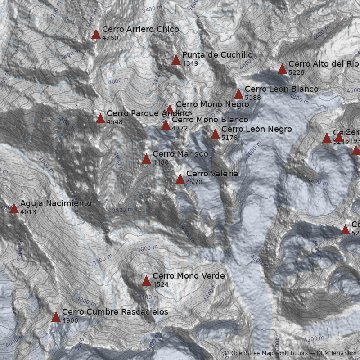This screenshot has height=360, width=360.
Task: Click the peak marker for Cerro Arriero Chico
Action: (96, 35)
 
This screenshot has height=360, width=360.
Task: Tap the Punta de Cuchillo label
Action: (217, 55)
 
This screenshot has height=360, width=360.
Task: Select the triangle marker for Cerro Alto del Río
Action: (282, 69)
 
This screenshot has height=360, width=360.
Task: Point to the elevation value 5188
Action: (252, 98)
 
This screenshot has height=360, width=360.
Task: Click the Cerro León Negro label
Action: (256, 129)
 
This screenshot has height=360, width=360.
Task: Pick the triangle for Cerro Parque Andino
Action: (100, 119)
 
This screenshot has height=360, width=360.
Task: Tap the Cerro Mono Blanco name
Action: (210, 120)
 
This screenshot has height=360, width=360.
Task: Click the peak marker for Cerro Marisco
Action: (146, 159)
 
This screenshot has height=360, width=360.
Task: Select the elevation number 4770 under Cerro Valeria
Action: (194, 182)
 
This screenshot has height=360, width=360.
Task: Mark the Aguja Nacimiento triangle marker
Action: (14, 209)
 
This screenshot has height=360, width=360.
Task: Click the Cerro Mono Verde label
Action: (188, 276)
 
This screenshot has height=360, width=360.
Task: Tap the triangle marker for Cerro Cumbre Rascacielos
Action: (56, 317)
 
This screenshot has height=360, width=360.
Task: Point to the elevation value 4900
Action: (70, 320)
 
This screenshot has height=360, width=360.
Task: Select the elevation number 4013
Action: (28, 212)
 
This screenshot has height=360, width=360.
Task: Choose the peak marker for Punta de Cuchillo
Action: (176, 60)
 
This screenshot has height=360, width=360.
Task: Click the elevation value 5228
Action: (296, 72)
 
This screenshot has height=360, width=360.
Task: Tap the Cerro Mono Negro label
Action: (212, 104)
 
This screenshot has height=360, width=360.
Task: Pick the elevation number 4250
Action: (110, 38)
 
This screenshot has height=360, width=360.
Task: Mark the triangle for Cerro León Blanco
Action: (238, 94)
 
